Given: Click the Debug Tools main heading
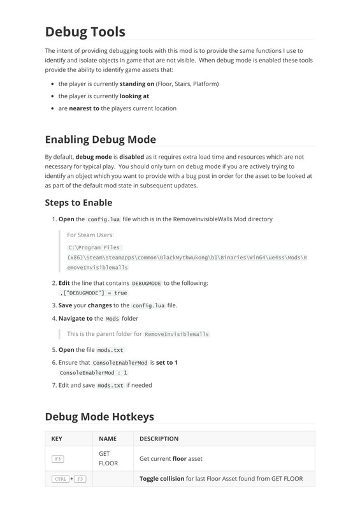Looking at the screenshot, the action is (85, 31).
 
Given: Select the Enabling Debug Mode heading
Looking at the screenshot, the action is (100, 139).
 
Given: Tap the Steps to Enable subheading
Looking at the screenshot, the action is (78, 203).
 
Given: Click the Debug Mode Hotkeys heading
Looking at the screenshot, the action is (99, 416).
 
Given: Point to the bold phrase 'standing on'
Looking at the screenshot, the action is (137, 84).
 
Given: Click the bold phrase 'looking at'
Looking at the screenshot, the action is (134, 96).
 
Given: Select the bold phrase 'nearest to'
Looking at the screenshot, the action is (84, 108).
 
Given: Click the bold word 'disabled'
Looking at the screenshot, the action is (131, 156).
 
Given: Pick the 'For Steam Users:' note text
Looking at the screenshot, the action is (90, 235).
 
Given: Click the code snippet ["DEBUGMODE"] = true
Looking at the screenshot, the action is (94, 293).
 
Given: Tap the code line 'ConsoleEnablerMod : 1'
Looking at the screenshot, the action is (94, 372).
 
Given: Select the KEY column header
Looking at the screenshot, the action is (57, 439).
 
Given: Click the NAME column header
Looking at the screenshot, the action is (108, 439).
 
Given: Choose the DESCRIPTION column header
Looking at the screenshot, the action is (159, 439).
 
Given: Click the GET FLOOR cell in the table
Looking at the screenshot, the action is (108, 458).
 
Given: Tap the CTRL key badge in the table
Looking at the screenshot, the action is (60, 479).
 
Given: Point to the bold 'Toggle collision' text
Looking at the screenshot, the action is (162, 478).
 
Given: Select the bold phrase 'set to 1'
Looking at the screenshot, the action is (167, 362).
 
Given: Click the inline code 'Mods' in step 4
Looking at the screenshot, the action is (112, 319).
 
